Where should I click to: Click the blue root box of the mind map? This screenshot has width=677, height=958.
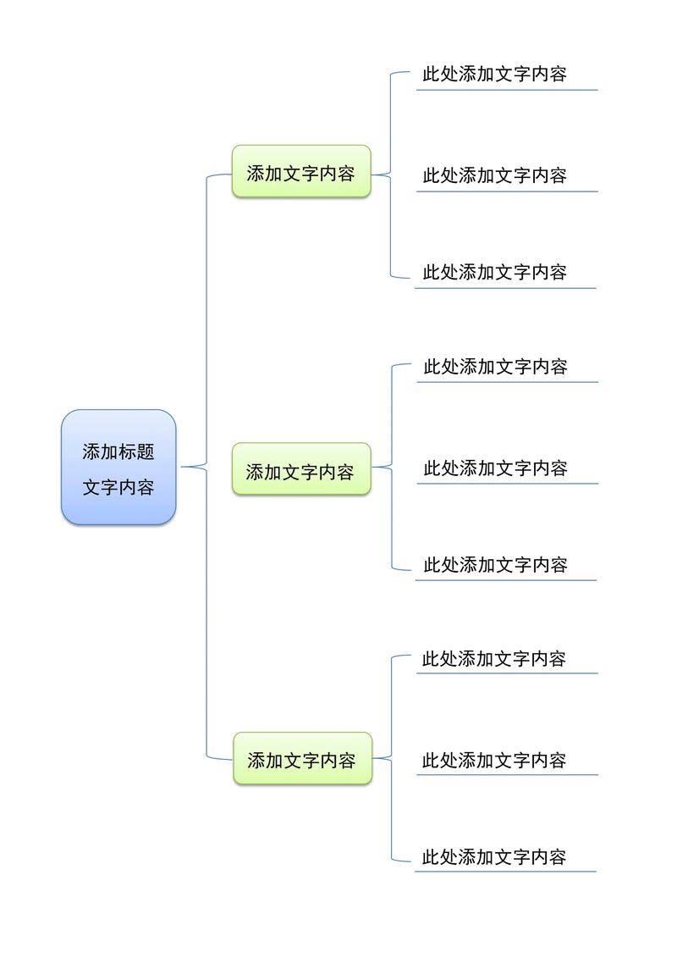coord(118,467)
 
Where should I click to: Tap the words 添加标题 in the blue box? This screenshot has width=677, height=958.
coord(118,451)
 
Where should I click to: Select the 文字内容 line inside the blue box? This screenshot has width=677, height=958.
coord(118,488)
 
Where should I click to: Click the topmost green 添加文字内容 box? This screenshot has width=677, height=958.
coord(301,172)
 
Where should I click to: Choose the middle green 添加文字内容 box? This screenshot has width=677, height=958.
coord(301,470)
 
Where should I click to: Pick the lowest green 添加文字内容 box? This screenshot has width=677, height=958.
coord(302,759)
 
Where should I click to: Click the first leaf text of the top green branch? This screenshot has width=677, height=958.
coord(494,74)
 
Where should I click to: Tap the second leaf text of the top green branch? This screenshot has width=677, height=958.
coord(494,175)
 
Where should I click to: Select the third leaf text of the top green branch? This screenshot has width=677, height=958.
coord(494,272)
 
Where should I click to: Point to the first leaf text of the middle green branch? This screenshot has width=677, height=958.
coord(495,367)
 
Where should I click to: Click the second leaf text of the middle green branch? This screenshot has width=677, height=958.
coord(495,468)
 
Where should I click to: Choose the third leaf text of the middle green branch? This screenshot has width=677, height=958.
coord(495,564)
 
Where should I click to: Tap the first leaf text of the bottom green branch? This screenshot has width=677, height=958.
coord(494,658)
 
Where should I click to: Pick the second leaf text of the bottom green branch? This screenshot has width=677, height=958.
coord(494,760)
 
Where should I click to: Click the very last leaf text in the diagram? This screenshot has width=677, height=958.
coord(494,856)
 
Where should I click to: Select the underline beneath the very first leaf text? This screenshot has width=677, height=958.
coord(507,90)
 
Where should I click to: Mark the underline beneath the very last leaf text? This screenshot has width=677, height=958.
coord(505,872)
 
